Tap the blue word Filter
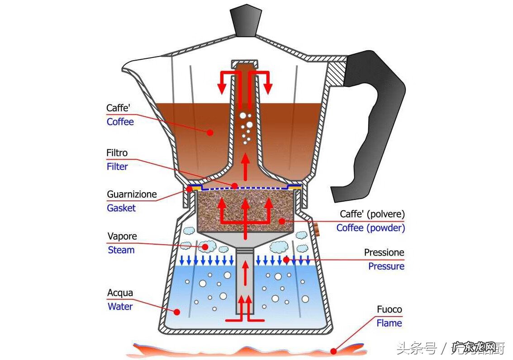[117, 166]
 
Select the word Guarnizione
[132, 195]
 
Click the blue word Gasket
[121, 208]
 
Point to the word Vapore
[122, 237]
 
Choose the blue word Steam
[121, 250]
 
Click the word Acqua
[120, 293]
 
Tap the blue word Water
[120, 307]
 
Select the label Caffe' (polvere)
[372, 214]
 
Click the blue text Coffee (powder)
[370, 228]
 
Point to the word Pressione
[384, 253]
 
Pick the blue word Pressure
[386, 266]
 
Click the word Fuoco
[389, 310]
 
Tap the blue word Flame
[389, 323]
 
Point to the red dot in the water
[177, 312]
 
